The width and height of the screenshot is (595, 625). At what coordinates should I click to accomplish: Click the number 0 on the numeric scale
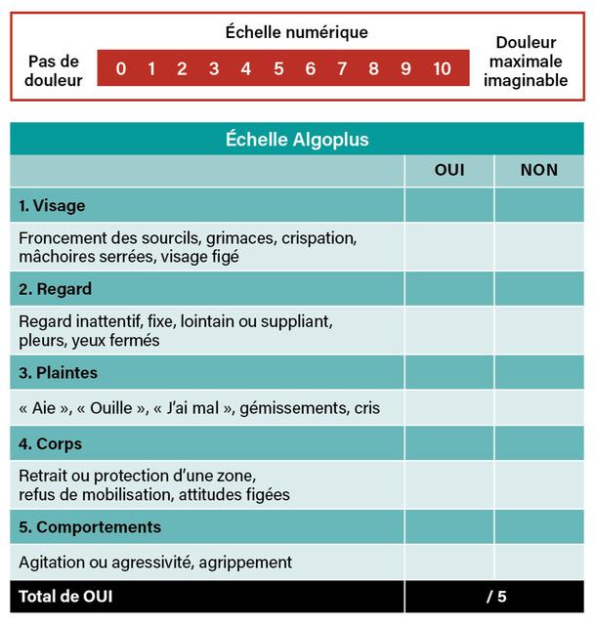(120, 68)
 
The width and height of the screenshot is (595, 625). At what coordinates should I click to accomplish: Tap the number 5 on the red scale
(278, 68)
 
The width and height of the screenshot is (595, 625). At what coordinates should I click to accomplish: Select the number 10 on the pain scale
(442, 68)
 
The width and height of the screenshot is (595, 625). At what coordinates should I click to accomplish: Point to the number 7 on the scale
(342, 68)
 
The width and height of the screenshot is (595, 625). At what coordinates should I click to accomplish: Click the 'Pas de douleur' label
(55, 70)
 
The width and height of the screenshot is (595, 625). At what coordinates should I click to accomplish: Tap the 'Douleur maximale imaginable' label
(526, 62)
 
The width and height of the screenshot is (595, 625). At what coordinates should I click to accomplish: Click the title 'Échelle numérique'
(297, 32)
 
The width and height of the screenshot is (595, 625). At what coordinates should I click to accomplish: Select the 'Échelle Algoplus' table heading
(297, 140)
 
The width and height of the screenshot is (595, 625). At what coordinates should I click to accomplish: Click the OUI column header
(449, 170)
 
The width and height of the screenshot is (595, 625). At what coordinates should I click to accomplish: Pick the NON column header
(539, 170)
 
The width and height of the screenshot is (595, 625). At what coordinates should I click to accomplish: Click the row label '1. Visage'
(52, 206)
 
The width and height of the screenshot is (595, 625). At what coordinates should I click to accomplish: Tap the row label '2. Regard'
(55, 289)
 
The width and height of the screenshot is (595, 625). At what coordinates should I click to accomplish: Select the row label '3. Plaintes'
(58, 373)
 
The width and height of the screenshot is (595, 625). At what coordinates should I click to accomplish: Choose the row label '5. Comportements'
(90, 527)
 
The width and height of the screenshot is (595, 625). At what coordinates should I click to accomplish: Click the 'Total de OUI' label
(64, 596)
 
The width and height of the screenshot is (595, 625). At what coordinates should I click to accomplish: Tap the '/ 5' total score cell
(496, 596)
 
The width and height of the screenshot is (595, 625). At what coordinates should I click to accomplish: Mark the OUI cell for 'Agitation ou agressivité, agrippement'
(449, 562)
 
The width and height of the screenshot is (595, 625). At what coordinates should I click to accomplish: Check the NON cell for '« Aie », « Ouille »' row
(539, 408)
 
